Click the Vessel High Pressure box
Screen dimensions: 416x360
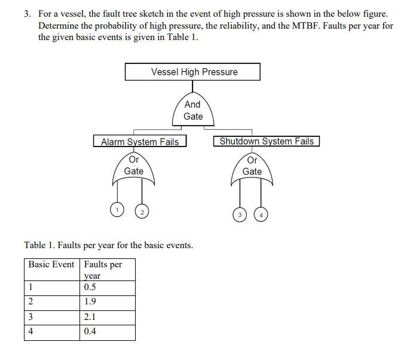click(x=192, y=72)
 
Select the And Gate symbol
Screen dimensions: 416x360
click(x=192, y=110)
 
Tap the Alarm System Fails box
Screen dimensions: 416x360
click(x=140, y=142)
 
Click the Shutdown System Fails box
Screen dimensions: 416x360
click(x=267, y=141)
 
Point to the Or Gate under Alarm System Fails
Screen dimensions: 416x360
click(x=133, y=167)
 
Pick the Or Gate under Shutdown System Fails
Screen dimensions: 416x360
click(x=252, y=167)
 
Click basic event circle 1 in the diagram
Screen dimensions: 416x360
click(x=118, y=210)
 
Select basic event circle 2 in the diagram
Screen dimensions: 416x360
click(x=142, y=212)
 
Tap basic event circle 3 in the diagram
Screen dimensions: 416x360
click(x=239, y=214)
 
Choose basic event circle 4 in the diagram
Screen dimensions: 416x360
click(x=261, y=214)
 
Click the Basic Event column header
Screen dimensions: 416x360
click(x=51, y=264)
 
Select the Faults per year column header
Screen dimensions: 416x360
click(x=103, y=270)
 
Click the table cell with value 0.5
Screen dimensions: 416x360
click(x=90, y=287)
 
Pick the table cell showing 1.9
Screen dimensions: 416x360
click(x=90, y=301)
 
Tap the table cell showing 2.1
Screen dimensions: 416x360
click(x=90, y=318)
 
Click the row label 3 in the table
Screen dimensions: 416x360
click(x=31, y=318)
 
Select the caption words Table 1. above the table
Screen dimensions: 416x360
click(x=40, y=245)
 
